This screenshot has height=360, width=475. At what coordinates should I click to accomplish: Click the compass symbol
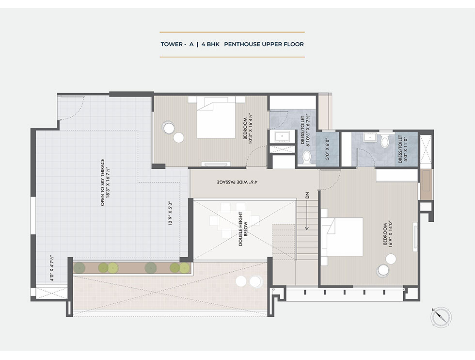pos(441,317)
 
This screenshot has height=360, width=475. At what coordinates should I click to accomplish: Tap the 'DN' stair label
pos(307,195)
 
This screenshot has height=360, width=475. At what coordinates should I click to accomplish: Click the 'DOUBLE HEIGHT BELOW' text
pos(243,229)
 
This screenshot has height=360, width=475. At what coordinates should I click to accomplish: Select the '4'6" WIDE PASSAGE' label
pos(237,182)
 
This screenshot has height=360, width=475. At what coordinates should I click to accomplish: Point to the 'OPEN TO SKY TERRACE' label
pos(102,182)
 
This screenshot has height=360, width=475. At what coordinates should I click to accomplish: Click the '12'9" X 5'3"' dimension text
pos(170,213)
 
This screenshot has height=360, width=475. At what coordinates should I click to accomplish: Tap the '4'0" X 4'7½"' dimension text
pos(52,268)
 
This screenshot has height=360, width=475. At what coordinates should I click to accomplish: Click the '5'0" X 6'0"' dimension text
pos(327,149)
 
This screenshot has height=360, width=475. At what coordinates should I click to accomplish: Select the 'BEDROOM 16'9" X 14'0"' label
pos(387,234)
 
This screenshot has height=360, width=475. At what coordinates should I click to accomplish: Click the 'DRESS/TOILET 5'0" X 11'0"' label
pos(403,149)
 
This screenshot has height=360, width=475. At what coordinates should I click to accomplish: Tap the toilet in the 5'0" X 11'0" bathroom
pos(384,141)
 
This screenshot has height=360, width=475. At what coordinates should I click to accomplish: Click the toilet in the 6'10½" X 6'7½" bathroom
pos(306,158)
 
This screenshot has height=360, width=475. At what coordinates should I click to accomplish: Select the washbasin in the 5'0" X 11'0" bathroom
pos(369,137)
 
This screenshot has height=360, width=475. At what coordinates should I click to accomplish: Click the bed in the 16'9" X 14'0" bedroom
pos(342,237)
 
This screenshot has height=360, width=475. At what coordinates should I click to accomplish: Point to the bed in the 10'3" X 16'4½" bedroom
pos(216,117)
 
